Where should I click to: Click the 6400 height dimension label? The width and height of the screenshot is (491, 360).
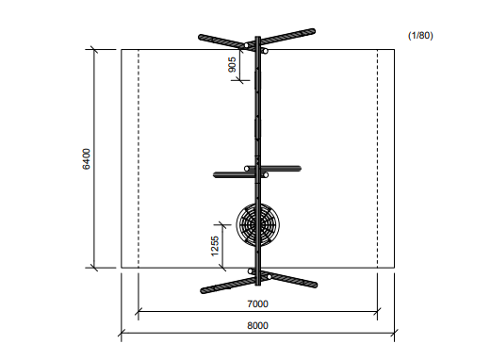[x=86, y=159]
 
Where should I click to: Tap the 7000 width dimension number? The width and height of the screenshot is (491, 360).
[x=257, y=304]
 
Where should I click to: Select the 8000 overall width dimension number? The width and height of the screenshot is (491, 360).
[x=257, y=325]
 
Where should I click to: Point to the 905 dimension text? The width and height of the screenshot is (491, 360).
[x=232, y=64]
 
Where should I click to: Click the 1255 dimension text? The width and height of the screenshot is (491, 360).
[x=215, y=246]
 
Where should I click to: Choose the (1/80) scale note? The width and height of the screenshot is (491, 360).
[x=420, y=36]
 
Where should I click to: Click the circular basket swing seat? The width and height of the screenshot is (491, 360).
[x=258, y=225]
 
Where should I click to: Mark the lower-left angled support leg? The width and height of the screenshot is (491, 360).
[x=227, y=286]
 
